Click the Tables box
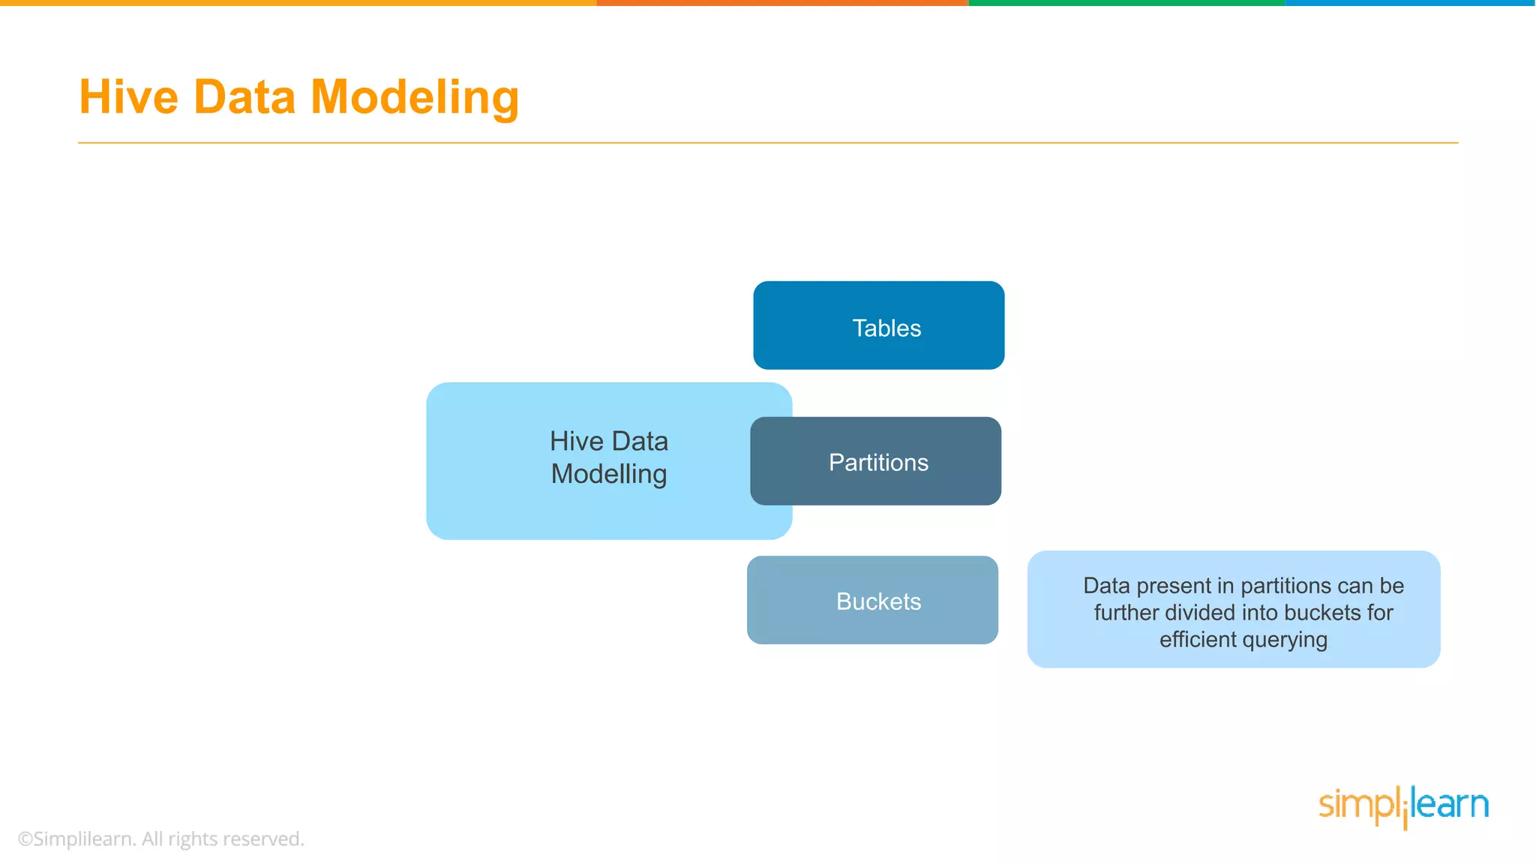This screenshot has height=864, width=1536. [x=879, y=325]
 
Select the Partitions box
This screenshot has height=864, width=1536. [x=876, y=461]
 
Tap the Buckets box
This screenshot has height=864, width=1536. [x=872, y=600]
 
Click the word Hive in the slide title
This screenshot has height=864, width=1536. [x=129, y=97]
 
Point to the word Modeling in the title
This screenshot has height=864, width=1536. [x=414, y=97]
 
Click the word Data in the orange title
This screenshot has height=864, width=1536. [x=244, y=97]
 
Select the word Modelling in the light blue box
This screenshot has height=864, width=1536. [x=608, y=474]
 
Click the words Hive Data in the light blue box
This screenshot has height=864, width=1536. [x=608, y=441]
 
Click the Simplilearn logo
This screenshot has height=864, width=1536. [x=1403, y=805]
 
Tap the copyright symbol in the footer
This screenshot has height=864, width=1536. [x=25, y=838]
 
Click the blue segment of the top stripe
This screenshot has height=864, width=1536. [x=1410, y=3]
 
